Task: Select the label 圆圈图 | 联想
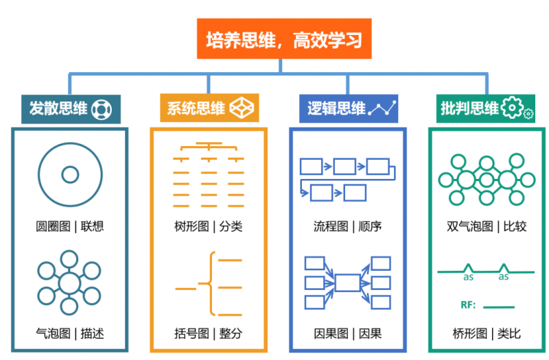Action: click(70, 225)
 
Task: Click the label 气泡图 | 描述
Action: click(70, 334)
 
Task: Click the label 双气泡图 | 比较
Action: click(487, 225)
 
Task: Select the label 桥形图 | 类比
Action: click(487, 334)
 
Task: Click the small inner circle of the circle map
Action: click(70, 175)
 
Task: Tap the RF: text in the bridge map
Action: click(469, 304)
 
